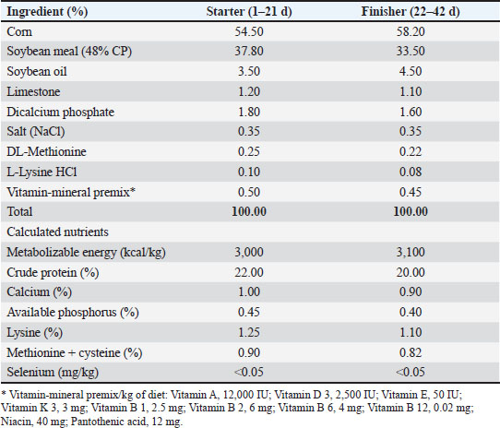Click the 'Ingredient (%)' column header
click(47, 12)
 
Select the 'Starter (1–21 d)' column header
click(249, 12)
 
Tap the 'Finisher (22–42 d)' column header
click(411, 12)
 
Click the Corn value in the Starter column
click(249, 31)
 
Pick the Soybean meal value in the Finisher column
click(411, 51)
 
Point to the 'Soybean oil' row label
click(37, 71)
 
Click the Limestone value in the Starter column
click(249, 91)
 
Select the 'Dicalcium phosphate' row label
click(60, 112)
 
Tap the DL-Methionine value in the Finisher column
click(411, 151)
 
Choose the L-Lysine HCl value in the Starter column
click(249, 172)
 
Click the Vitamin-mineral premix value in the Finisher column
click(411, 192)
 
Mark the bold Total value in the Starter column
click(249, 211)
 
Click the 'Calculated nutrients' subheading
click(57, 232)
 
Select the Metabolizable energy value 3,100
click(411, 252)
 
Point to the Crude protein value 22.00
click(249, 272)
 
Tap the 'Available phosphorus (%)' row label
click(73, 312)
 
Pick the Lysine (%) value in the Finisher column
click(411, 332)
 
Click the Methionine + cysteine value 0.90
click(249, 352)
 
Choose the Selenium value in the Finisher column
click(411, 372)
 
